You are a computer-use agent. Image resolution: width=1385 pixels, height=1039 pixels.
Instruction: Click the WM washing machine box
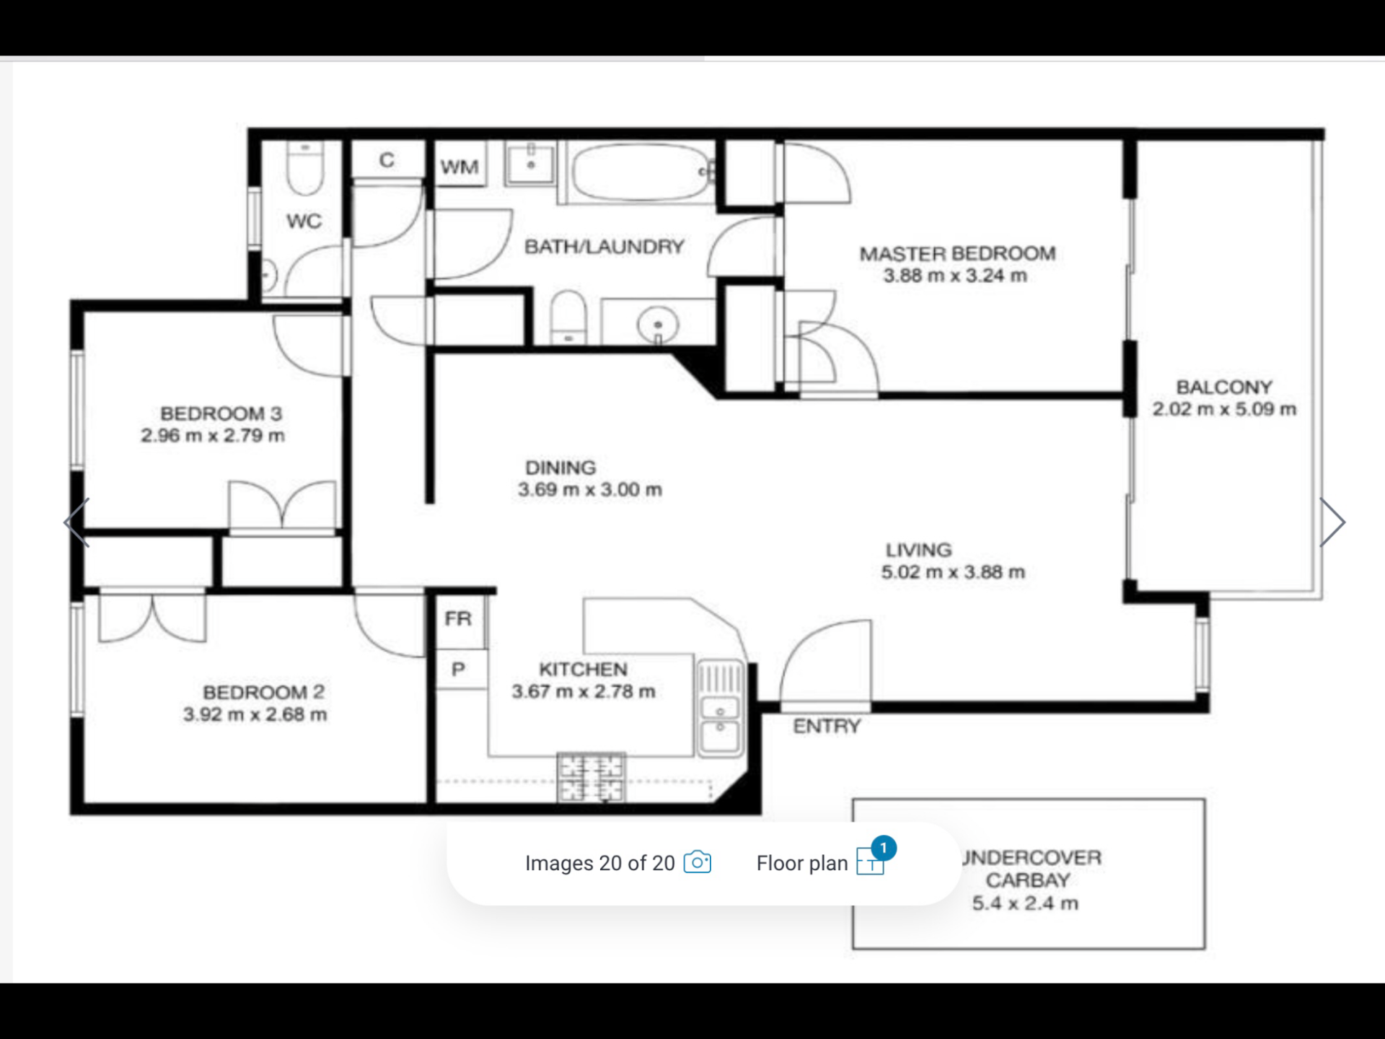(460, 164)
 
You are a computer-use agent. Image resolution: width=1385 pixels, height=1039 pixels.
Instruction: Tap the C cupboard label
(387, 159)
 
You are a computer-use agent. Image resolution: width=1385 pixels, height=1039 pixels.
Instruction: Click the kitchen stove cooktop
(592, 777)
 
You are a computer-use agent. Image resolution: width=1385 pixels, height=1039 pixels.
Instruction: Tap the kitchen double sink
(720, 707)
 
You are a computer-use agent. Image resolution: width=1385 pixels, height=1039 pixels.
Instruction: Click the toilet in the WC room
(304, 167)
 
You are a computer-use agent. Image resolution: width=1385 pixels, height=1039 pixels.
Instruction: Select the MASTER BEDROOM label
(957, 254)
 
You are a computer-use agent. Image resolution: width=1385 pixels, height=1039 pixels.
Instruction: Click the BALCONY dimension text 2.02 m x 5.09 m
(1224, 409)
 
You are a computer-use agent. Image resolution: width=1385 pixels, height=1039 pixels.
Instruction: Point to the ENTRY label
(827, 726)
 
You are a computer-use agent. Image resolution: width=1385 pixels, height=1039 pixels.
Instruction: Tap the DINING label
(560, 468)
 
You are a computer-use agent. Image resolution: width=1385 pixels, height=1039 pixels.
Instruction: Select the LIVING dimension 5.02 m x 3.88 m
(953, 572)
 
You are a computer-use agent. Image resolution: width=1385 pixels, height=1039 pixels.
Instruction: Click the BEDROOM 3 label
(221, 413)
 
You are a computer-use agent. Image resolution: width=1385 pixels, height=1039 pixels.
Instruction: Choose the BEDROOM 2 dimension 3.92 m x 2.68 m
(255, 714)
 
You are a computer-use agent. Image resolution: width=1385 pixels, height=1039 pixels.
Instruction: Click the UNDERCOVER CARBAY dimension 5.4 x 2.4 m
(1025, 903)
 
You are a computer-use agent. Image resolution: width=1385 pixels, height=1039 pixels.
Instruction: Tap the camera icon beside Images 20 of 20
(697, 862)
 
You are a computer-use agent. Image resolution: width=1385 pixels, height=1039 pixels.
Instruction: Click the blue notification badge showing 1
(884, 849)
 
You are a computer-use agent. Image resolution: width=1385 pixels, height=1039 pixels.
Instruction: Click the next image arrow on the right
(1332, 522)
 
